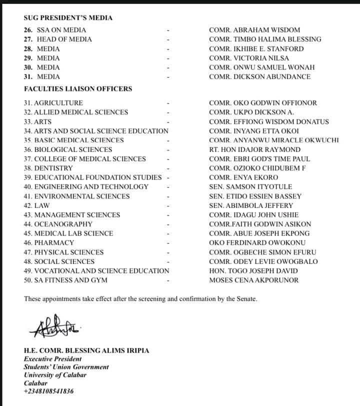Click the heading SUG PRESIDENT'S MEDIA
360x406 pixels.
[x=68, y=17]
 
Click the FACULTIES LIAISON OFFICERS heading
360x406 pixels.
[x=78, y=88]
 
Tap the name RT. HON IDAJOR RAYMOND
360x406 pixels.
[x=254, y=149]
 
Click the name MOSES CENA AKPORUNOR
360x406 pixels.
[x=254, y=280]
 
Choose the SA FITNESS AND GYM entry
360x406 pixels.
[x=65, y=280]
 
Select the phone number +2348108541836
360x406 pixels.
[x=48, y=391]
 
